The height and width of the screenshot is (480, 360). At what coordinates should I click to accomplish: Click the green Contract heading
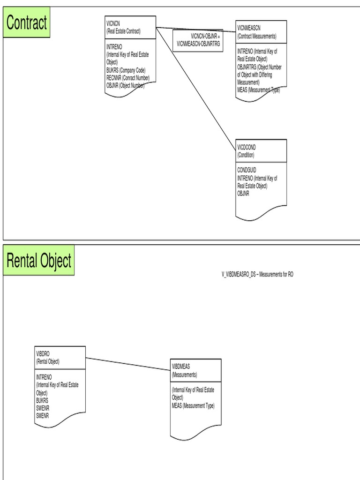(x=27, y=22)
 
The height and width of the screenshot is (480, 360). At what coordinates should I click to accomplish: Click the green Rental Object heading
(x=39, y=260)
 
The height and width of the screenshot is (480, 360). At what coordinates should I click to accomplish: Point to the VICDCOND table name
(x=247, y=147)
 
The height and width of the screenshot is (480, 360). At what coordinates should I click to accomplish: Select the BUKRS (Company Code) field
(x=126, y=70)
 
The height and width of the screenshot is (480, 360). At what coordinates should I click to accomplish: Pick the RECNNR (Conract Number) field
(x=128, y=77)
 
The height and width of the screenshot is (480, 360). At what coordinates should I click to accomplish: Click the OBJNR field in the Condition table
(x=243, y=192)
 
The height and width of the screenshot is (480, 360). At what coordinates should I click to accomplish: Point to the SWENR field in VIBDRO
(x=43, y=408)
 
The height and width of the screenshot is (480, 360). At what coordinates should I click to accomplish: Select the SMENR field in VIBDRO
(x=43, y=415)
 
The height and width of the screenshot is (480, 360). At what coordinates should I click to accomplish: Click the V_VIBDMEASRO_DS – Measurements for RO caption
(x=257, y=275)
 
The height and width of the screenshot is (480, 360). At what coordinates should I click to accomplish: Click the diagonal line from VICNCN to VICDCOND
(x=197, y=84)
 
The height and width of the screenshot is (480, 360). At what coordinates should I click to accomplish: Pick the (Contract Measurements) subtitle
(x=257, y=36)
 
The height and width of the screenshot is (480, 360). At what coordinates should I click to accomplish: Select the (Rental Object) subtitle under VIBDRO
(x=48, y=361)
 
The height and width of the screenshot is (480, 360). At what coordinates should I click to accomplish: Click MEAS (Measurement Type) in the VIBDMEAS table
(x=193, y=405)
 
